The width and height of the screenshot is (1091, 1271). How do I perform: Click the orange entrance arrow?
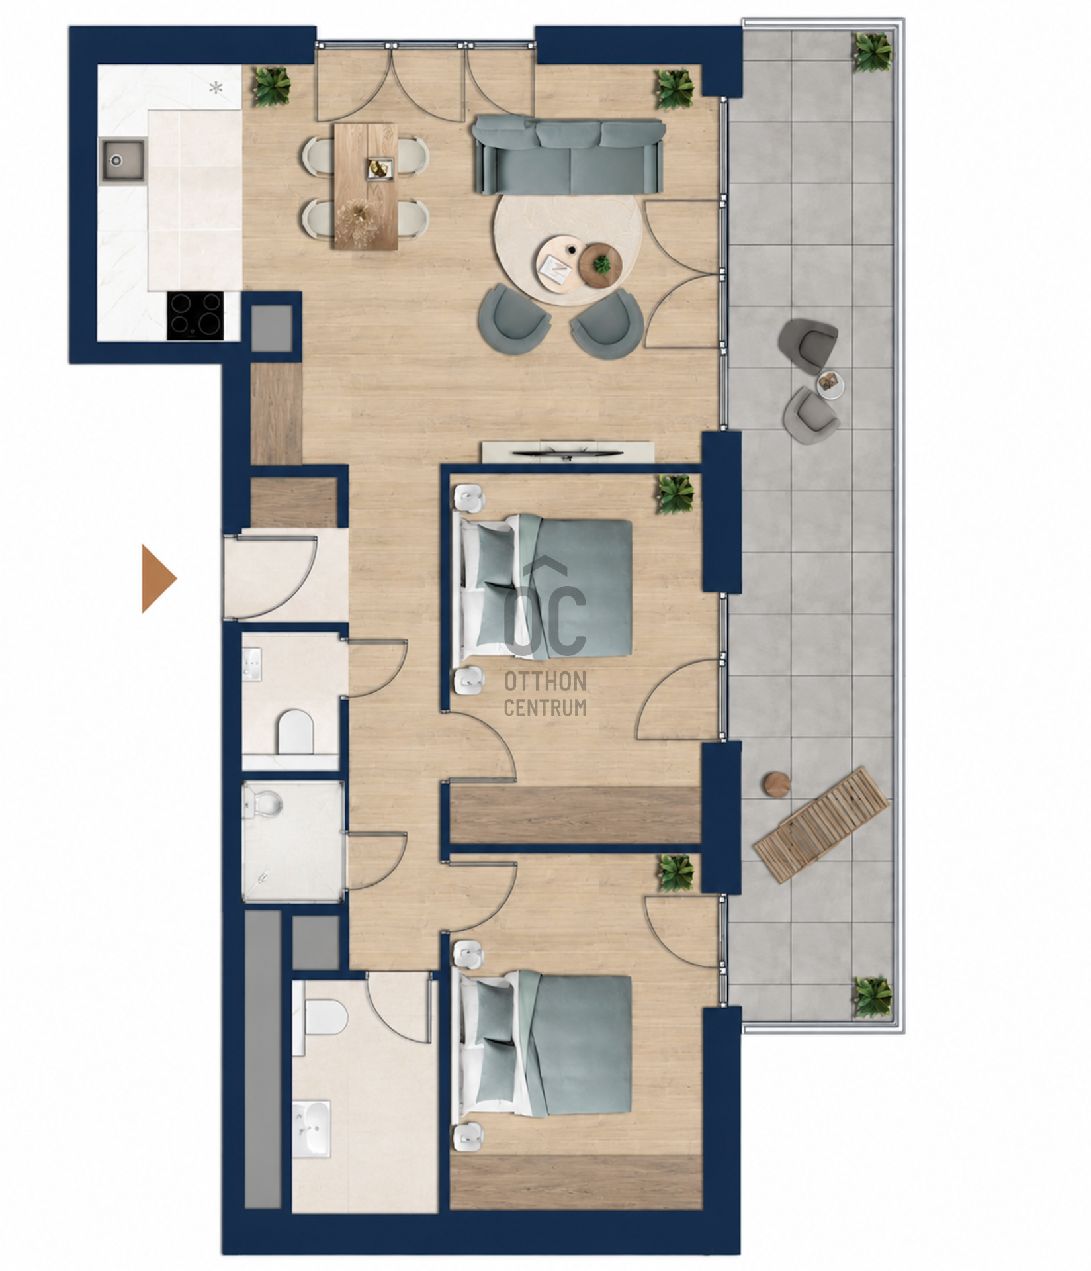159,579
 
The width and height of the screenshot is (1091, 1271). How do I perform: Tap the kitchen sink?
122,160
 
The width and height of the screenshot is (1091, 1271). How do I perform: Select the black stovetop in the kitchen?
194,316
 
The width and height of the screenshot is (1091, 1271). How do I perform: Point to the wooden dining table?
366,187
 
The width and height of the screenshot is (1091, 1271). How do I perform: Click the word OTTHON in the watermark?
545,681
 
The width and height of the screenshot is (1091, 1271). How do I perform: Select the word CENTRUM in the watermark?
545,706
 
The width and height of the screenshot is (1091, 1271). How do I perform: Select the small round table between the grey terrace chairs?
830,383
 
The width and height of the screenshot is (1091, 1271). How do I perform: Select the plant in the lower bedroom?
676,873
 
